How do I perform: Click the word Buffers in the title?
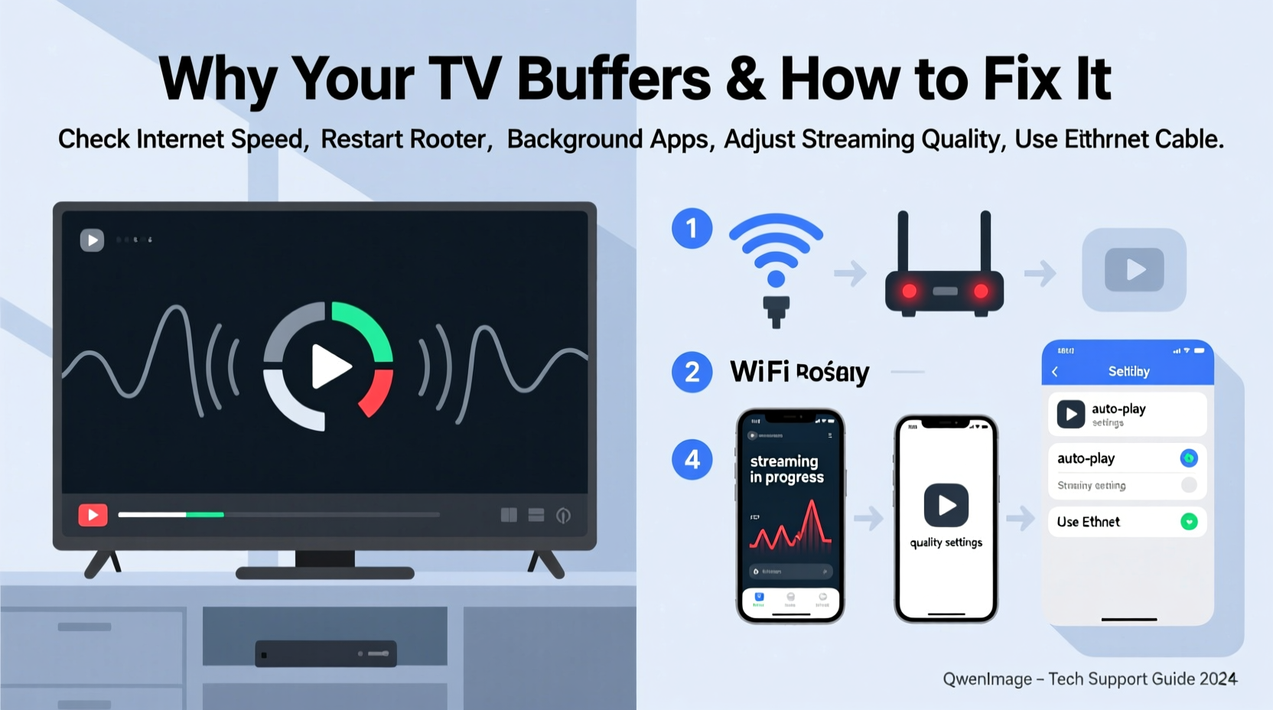(x=614, y=79)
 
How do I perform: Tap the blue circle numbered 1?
(x=692, y=228)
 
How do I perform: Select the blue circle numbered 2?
(x=692, y=372)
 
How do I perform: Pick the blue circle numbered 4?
(x=692, y=459)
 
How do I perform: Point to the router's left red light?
(x=909, y=291)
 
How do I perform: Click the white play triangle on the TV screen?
(x=330, y=366)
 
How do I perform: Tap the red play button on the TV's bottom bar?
(x=93, y=515)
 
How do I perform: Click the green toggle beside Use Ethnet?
(x=1188, y=522)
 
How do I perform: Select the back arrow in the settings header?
(x=1055, y=372)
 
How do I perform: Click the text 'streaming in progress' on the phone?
(x=786, y=469)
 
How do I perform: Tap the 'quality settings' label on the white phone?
(x=946, y=542)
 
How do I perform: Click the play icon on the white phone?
(x=946, y=505)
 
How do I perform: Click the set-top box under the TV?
(x=325, y=653)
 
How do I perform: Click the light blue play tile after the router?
(x=1134, y=270)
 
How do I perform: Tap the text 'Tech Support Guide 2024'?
(x=1142, y=679)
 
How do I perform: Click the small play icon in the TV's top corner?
(x=92, y=240)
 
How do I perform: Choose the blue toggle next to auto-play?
(x=1188, y=458)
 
